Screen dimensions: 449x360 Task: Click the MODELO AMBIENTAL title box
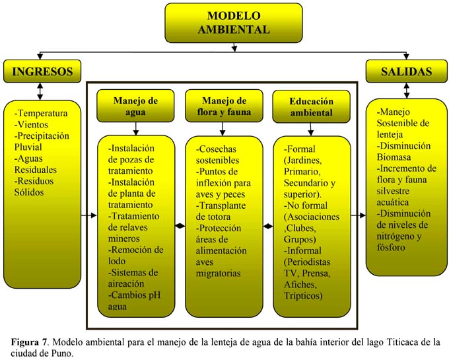234,23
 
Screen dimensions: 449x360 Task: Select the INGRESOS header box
42,71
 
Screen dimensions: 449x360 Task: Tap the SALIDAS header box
406,71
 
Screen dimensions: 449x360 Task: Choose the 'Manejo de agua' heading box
135,106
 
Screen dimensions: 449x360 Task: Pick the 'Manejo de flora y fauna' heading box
224,106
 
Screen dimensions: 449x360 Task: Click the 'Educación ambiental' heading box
311,106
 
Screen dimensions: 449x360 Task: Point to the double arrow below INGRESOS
40,91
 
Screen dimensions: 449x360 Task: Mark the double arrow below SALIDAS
406,90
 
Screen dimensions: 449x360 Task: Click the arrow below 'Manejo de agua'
136,129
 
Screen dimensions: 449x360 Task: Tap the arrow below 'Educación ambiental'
311,129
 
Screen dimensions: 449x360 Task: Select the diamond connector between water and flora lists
180,226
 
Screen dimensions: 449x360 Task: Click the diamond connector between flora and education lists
268,227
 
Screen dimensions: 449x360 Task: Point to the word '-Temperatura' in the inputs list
41,114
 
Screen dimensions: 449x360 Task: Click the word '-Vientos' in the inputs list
31,125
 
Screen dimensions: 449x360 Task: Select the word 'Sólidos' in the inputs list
29,192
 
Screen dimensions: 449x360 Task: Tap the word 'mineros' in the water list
124,238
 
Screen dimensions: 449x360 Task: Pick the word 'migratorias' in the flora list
218,273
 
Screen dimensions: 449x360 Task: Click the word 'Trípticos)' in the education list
303,296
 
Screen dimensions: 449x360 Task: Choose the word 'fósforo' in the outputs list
391,248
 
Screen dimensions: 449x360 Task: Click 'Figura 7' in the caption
29,342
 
